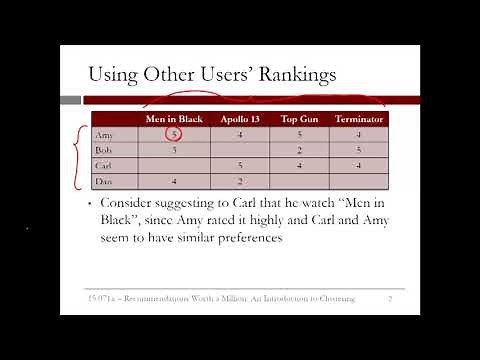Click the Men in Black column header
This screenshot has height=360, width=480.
(174, 119)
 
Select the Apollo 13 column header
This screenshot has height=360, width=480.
(240, 119)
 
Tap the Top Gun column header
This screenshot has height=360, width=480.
(299, 119)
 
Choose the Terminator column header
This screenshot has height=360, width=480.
(358, 119)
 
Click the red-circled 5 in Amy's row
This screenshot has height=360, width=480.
(174, 135)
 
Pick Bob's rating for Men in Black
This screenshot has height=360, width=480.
(174, 150)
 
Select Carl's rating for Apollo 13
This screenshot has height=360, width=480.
(240, 166)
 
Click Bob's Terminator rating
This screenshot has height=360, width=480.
(358, 150)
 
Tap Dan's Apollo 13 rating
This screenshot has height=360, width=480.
(240, 181)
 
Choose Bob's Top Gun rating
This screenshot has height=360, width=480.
(299, 150)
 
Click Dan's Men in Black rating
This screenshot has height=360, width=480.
(174, 181)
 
